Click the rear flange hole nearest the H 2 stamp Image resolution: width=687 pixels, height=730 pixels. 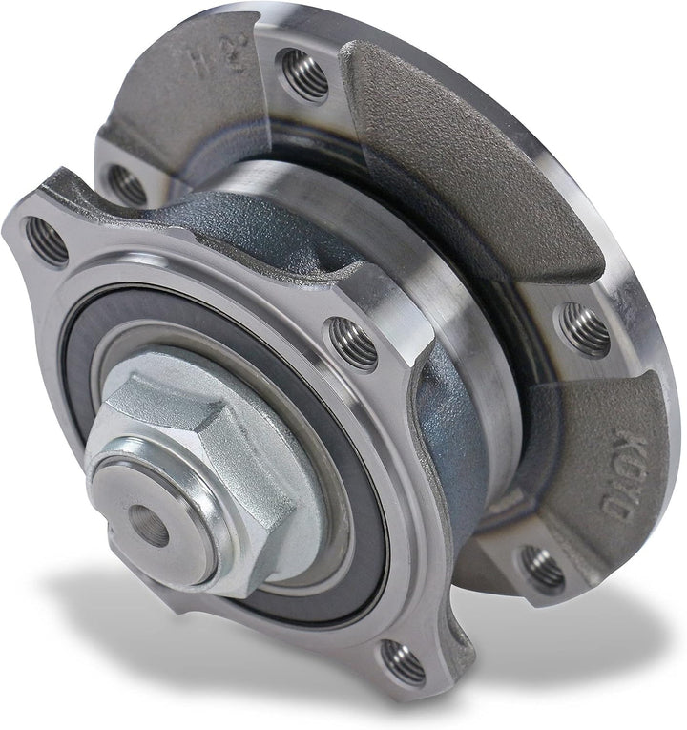[302, 73]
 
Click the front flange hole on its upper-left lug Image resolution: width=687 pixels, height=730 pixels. [47, 240]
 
